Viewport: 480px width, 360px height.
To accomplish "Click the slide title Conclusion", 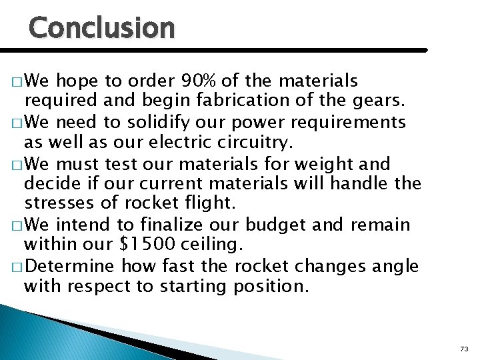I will (x=102, y=27).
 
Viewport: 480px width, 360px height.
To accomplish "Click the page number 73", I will (x=464, y=349).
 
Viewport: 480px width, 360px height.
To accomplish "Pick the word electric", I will (x=192, y=143).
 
